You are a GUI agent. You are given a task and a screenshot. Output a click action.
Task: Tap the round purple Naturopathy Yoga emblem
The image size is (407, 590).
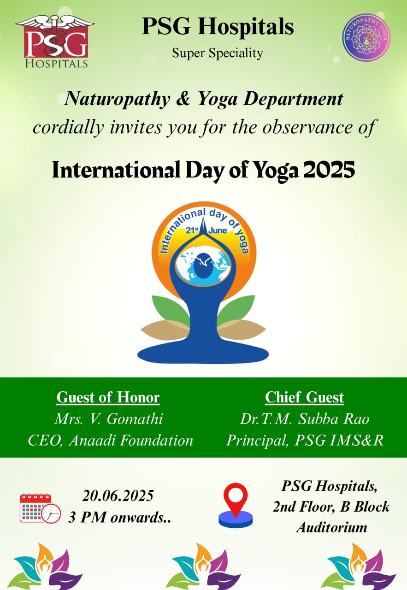click(366, 37)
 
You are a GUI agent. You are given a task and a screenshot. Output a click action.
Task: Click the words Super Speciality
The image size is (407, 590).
click(218, 53)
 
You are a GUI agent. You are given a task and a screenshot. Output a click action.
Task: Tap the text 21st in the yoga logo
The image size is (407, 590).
click(192, 230)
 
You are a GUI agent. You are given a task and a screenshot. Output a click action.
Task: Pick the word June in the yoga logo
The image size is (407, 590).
click(218, 230)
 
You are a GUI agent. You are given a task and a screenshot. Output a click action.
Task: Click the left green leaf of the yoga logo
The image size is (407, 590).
click(171, 310)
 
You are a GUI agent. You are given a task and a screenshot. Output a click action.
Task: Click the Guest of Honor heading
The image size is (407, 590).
click(108, 397)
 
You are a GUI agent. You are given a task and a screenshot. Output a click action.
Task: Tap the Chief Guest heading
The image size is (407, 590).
click(304, 397)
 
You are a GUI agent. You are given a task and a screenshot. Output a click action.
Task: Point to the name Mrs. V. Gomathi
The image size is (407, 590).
click(108, 419)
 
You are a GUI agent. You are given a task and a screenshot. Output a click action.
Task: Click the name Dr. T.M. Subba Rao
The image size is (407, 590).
click(304, 419)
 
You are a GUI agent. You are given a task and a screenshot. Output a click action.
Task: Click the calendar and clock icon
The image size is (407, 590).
click(40, 509)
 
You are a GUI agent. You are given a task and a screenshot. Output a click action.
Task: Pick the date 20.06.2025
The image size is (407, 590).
click(118, 496)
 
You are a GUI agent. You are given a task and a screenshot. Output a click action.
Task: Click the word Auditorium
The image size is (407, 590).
click(332, 528)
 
